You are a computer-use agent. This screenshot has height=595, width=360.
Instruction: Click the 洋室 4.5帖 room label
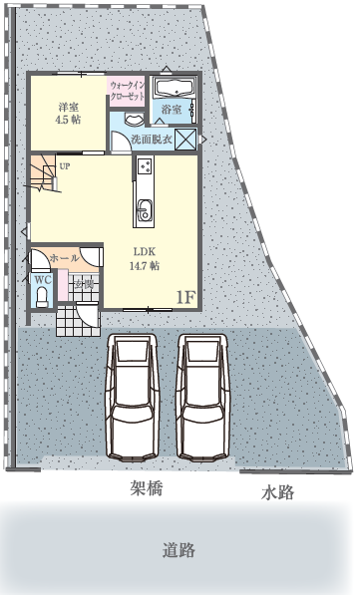(68, 113)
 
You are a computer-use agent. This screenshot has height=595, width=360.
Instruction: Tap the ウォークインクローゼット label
(127, 91)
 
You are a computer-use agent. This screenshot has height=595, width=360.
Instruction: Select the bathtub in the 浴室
(176, 89)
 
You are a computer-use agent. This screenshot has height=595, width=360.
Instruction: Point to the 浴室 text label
(172, 110)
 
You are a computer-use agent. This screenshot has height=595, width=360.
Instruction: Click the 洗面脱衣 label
(152, 140)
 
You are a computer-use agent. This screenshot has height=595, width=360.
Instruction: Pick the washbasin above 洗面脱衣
(134, 120)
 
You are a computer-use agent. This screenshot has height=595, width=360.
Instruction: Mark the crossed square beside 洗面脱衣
(185, 139)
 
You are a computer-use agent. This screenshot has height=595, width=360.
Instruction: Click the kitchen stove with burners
(145, 166)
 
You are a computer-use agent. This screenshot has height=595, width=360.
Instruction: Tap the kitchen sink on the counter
(145, 210)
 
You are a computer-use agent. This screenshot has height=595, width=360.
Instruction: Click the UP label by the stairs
(64, 166)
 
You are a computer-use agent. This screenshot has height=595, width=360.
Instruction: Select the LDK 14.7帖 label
(145, 259)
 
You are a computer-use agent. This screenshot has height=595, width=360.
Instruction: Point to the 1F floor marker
(186, 298)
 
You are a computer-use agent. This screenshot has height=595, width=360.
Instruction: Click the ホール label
(64, 258)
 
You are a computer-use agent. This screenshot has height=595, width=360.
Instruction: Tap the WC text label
(43, 280)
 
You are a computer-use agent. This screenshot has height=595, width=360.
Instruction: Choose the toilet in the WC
(42, 297)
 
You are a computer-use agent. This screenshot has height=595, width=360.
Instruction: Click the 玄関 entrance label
(84, 284)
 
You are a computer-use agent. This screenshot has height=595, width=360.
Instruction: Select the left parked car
(132, 398)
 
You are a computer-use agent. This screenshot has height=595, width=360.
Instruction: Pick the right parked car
(203, 398)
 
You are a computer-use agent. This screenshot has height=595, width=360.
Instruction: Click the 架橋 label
(147, 488)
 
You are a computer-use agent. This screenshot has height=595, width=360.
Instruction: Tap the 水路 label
(277, 492)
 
